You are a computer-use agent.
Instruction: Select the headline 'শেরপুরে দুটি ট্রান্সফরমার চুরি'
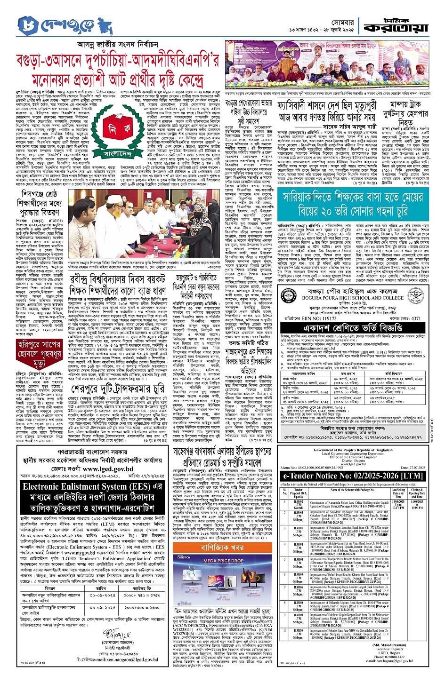point(118,389)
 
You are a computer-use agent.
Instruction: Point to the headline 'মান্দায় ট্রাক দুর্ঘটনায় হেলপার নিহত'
point(405,111)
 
